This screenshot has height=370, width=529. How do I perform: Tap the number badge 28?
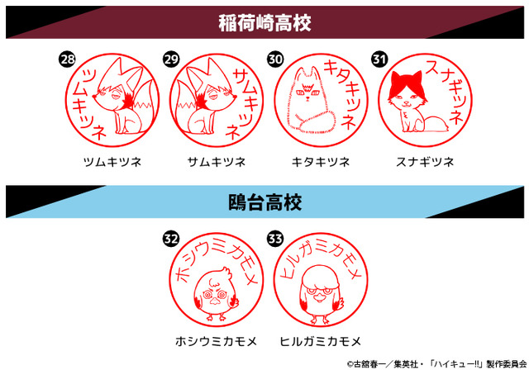[68, 59]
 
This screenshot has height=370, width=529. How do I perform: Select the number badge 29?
[172, 59]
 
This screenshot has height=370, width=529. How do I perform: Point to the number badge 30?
[275, 59]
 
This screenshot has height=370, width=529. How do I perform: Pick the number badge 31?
[379, 59]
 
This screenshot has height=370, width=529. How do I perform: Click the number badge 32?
[171, 238]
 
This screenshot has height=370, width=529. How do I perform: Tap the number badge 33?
[275, 238]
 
